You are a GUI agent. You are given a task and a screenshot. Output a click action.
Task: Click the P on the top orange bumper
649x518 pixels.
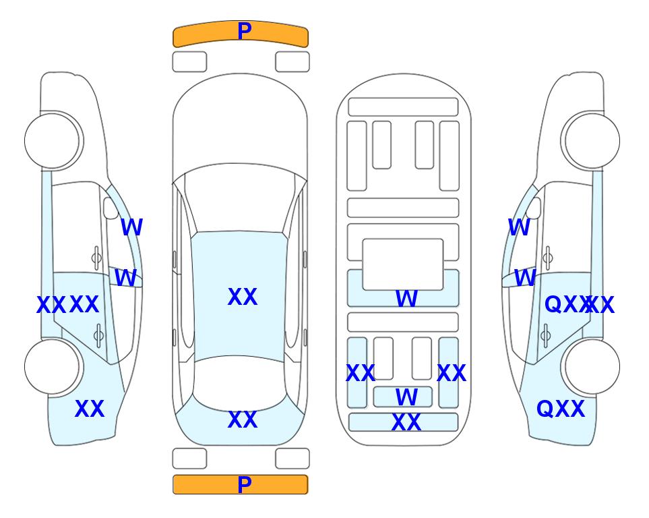(x=244, y=31)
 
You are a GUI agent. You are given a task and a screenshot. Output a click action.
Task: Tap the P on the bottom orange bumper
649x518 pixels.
(x=244, y=485)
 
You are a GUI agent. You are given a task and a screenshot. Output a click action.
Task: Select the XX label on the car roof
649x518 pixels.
(x=242, y=297)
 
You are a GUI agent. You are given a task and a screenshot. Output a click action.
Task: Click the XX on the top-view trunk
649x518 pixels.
(x=242, y=420)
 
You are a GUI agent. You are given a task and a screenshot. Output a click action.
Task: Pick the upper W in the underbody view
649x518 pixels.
(x=406, y=299)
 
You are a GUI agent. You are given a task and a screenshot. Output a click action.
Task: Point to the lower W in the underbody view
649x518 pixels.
(x=406, y=397)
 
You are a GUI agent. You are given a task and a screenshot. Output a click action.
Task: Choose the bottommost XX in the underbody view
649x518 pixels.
(x=406, y=423)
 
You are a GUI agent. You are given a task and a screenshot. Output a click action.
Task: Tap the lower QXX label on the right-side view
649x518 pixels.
(x=560, y=409)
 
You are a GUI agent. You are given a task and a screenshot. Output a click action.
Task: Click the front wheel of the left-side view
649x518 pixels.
(x=53, y=140)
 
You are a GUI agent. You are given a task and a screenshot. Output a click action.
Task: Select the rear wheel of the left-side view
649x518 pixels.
(x=53, y=366)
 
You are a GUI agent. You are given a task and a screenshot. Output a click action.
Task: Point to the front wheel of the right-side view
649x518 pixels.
(x=591, y=140)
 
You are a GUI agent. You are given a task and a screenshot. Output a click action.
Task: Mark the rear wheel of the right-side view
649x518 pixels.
(x=591, y=366)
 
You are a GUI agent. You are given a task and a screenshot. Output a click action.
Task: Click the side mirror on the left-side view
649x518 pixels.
(x=111, y=208)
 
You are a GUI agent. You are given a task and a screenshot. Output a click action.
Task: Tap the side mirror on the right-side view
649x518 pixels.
(x=533, y=208)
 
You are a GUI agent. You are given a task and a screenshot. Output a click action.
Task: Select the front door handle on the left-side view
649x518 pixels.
(x=96, y=257)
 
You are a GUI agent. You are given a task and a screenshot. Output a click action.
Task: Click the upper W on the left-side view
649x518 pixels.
(x=131, y=227)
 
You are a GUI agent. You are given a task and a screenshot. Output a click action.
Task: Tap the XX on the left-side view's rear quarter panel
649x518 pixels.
(x=89, y=409)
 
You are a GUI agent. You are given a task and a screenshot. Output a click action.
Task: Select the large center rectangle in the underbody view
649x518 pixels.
(x=402, y=264)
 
